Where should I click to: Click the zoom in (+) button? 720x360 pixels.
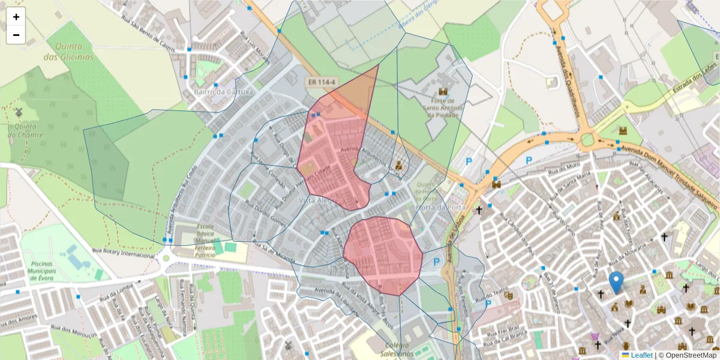[x=16, y=17]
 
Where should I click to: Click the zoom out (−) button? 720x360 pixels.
[x=16, y=35]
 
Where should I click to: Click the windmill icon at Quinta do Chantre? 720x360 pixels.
[x=19, y=112]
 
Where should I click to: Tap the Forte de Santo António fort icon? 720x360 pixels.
[x=443, y=91]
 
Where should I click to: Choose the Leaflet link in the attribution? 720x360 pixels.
[x=641, y=355]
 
